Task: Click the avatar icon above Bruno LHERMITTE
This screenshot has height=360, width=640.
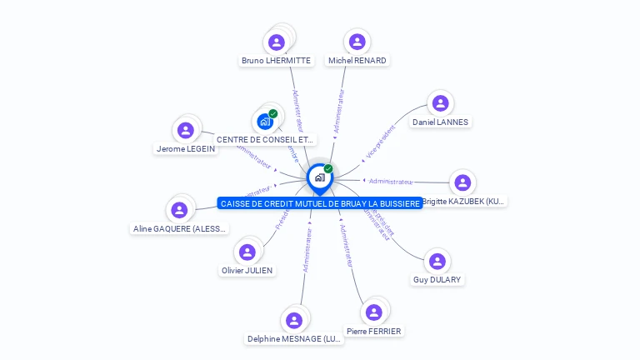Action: (x=277, y=42)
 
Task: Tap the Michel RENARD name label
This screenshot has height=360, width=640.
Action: (x=357, y=61)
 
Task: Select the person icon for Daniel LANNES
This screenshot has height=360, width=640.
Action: (x=440, y=103)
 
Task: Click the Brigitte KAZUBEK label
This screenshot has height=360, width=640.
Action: (x=463, y=202)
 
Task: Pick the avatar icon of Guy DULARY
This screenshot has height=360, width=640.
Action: (x=437, y=262)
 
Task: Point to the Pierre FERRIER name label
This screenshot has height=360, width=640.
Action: (x=373, y=332)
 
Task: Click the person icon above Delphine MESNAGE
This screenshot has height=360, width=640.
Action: (x=294, y=320)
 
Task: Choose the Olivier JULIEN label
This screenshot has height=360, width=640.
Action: (x=247, y=271)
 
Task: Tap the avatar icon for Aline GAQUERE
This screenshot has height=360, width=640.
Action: (x=179, y=210)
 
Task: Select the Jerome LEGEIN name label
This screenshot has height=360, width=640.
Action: (x=185, y=149)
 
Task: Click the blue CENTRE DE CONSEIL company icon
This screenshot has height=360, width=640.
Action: (x=266, y=122)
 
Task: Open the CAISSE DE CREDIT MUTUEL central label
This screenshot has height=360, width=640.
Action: (x=320, y=203)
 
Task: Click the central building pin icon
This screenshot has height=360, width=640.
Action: (x=319, y=177)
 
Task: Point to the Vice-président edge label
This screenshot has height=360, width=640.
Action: (x=380, y=142)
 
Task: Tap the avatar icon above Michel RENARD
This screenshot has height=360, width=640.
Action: (x=357, y=42)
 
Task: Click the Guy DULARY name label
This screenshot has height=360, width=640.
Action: (x=437, y=280)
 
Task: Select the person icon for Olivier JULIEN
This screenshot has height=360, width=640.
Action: (x=247, y=252)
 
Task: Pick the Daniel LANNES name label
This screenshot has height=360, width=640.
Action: (x=440, y=122)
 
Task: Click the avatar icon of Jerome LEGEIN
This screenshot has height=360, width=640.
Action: (x=186, y=130)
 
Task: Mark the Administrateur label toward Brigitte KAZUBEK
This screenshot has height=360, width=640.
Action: (x=391, y=182)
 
